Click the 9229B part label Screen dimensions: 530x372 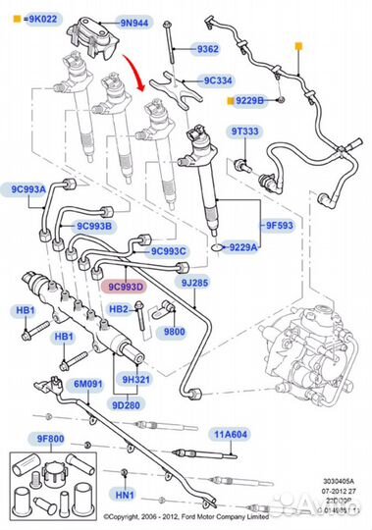pos(248,100)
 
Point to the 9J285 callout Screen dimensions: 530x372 pos(193,284)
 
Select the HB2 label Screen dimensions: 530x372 pos(119,309)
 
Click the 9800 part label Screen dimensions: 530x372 pos(174,332)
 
